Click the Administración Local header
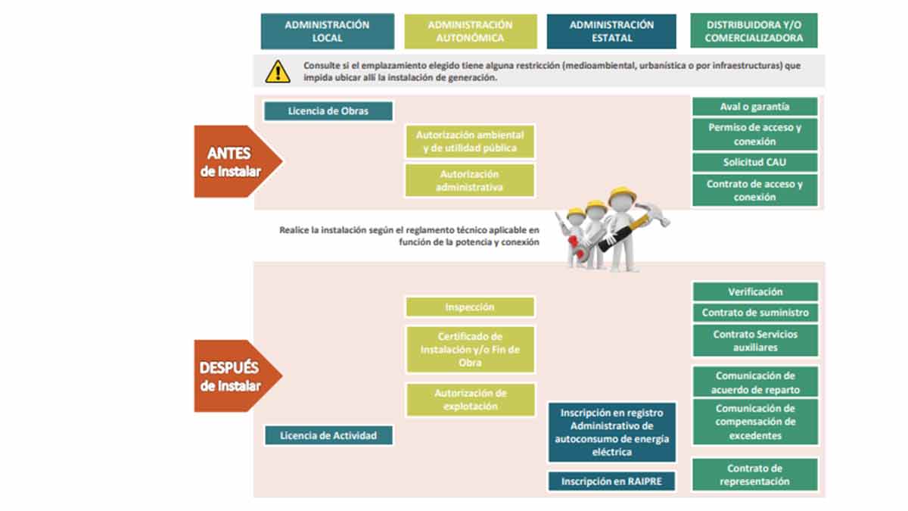point(327,31)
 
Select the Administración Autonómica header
point(470,31)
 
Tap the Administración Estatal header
point(611,31)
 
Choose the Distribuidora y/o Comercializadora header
point(754,31)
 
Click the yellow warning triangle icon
point(277,71)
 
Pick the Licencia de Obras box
point(328,111)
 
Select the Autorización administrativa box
point(470,181)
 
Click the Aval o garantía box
point(754,107)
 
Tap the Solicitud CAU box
point(754,163)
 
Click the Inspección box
point(470,307)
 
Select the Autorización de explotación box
point(470,400)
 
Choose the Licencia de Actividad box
point(328,435)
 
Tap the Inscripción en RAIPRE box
point(611,481)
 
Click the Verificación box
point(754,291)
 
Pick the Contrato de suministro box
point(754,313)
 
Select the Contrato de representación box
point(754,475)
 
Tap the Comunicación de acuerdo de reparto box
point(754,382)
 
